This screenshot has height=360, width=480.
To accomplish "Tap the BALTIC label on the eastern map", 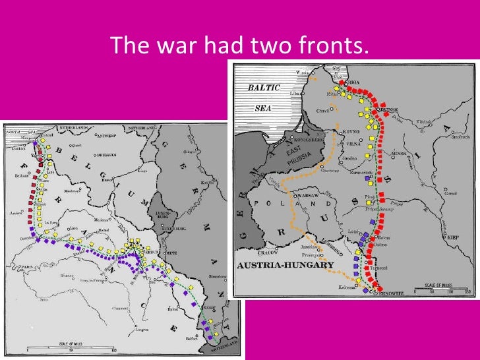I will coord(264,88).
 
